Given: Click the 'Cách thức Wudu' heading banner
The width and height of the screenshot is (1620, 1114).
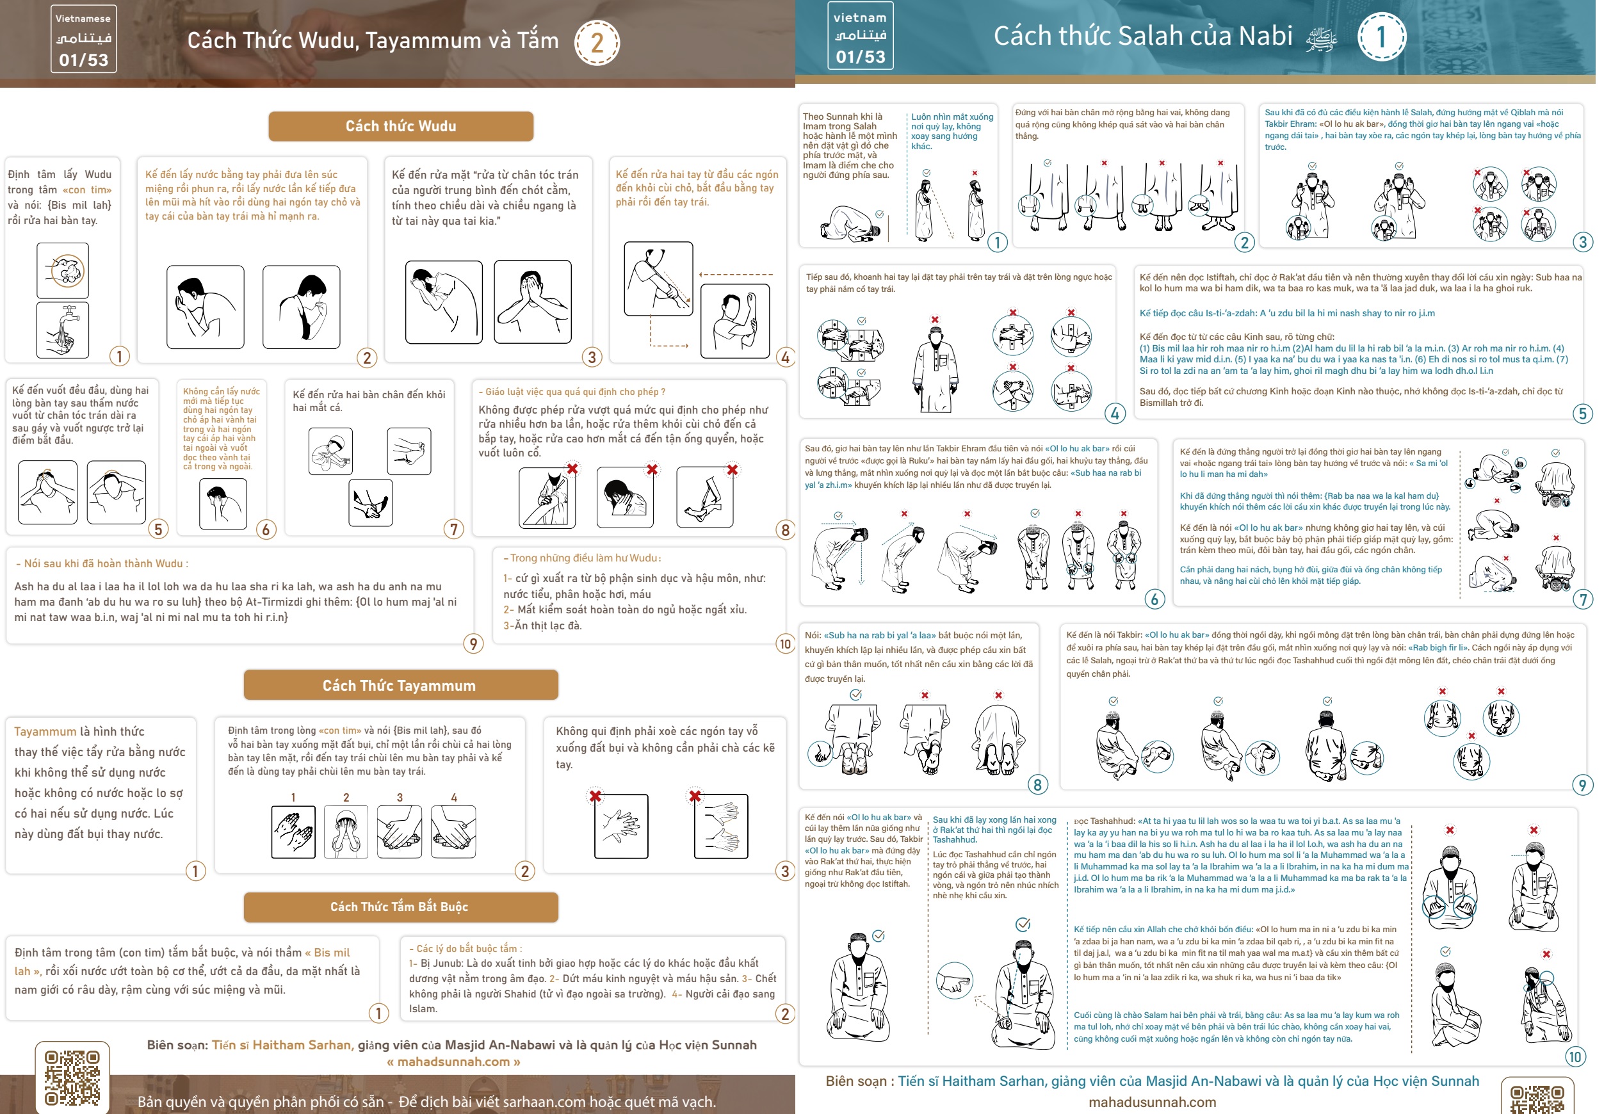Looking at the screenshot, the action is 401,126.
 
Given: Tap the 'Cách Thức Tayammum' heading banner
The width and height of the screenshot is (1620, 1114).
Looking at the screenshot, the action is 401,686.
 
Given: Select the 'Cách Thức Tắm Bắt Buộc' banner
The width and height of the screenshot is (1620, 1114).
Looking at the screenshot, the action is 401,907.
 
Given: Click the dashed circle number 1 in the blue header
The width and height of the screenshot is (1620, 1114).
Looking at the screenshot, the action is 1381,37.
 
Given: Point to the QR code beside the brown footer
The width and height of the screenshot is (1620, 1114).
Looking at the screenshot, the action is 72,1078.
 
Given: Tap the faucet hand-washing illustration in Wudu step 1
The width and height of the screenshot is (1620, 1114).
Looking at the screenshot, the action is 63,330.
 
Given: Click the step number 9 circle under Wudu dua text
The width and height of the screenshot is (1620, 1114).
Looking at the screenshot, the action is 473,643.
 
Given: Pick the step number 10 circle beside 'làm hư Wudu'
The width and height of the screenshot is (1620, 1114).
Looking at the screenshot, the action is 785,643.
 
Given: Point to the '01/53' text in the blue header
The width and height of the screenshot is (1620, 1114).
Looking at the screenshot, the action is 860,56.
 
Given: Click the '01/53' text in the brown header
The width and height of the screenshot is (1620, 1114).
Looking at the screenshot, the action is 84,60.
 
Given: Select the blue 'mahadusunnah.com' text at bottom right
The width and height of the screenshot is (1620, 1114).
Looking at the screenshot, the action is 1153,1102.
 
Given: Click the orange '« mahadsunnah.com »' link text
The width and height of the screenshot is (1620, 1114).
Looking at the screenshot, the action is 454,1062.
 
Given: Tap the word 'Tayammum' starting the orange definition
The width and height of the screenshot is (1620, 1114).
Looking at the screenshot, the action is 45,732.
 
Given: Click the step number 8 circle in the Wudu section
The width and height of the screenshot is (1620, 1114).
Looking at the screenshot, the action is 785,529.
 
